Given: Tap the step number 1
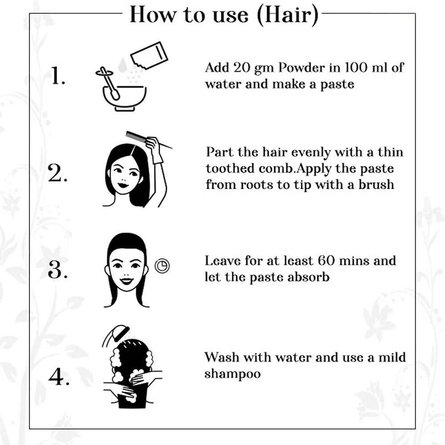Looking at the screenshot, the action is pyautogui.click(x=58, y=76).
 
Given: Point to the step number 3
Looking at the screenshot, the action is pyautogui.click(x=57, y=269).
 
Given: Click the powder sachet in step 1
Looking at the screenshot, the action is pyautogui.click(x=149, y=56).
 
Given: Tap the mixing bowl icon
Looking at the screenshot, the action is pyautogui.click(x=124, y=98).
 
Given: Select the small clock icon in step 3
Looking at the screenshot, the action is pyautogui.click(x=162, y=266).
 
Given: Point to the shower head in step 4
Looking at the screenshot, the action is pyautogui.click(x=116, y=334).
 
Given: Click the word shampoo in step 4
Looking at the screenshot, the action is pyautogui.click(x=232, y=374).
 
